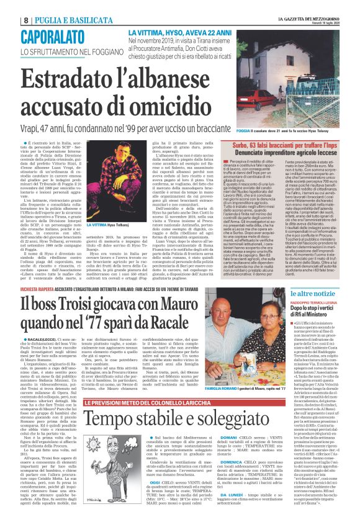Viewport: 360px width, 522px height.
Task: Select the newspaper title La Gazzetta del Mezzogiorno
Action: (309, 4)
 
